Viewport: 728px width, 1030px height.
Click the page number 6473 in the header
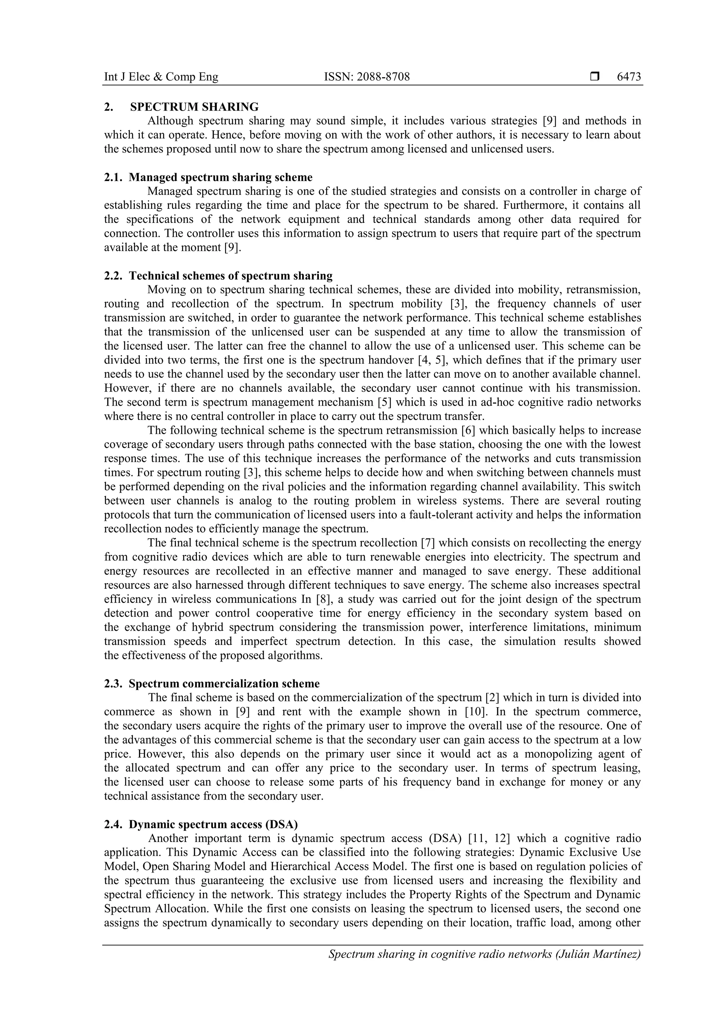629,77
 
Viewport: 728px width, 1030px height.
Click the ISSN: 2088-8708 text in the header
366,77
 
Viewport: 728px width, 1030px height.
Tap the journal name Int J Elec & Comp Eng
161,77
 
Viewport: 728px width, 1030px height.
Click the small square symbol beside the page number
595,77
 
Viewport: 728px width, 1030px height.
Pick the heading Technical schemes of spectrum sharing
231,276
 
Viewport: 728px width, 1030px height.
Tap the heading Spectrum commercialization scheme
224,684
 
